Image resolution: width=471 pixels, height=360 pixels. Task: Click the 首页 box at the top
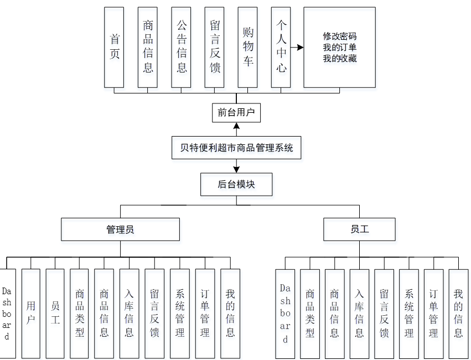point(115,47)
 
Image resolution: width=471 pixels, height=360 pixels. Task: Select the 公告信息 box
point(181,47)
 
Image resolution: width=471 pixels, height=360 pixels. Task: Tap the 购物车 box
point(247,47)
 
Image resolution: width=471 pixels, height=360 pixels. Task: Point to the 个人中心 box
point(281,47)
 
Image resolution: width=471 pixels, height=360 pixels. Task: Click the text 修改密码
point(340,36)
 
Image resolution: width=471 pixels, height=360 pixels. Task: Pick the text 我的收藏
point(340,58)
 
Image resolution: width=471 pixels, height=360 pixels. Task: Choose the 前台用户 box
point(236,113)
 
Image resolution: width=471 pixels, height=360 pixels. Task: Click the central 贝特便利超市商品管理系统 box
point(236,148)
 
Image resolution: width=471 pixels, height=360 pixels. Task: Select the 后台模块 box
point(236,184)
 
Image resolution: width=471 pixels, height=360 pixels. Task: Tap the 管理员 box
point(120,229)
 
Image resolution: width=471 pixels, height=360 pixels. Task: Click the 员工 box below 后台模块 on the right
point(359,229)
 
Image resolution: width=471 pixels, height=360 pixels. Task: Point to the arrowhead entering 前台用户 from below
point(236,127)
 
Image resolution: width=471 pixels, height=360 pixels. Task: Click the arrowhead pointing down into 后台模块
point(236,169)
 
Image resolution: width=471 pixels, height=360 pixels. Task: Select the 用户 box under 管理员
point(31,313)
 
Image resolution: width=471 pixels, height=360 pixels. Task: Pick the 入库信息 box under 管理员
point(129,313)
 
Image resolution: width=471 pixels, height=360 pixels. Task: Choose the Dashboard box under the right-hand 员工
point(285,313)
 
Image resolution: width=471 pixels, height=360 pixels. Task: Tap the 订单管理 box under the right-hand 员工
point(433,313)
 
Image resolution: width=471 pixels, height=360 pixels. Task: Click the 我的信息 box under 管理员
point(230,313)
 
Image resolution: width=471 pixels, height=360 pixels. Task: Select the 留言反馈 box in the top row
point(214,47)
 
